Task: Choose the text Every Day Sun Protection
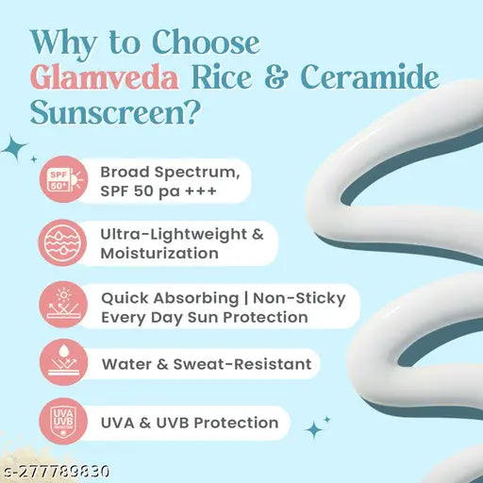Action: (x=204, y=318)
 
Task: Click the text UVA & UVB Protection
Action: (x=190, y=422)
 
